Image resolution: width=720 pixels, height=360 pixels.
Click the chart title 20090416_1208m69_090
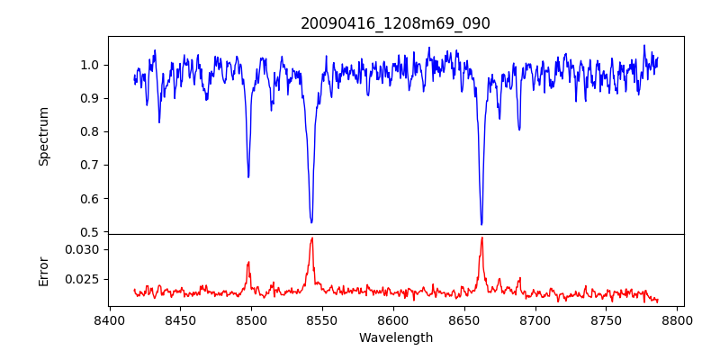point(395,23)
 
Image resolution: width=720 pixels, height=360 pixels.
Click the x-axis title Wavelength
point(395,337)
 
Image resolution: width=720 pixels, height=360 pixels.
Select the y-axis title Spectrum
point(43,136)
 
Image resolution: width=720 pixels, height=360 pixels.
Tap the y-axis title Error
point(43,270)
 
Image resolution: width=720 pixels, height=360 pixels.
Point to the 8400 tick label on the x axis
point(109,319)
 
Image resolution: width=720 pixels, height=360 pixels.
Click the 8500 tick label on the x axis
point(251,319)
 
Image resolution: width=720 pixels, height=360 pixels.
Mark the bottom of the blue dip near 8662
point(481,224)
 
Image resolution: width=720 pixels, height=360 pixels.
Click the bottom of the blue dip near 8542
point(311,222)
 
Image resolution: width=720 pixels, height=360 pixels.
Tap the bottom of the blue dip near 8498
point(248,176)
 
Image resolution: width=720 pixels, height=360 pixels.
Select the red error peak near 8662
point(481,238)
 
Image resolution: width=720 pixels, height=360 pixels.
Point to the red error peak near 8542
point(311,238)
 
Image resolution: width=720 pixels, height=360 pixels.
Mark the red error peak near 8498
point(248,263)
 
